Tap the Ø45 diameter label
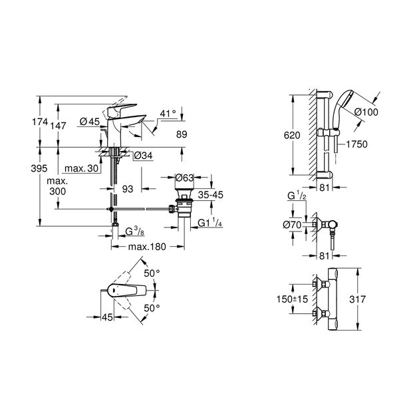pos(88,122)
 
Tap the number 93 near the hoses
pos(128,190)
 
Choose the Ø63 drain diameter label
pos(184,178)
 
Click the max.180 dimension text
pos(148,247)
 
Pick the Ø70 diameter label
pos(293,225)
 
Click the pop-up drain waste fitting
pos(184,208)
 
